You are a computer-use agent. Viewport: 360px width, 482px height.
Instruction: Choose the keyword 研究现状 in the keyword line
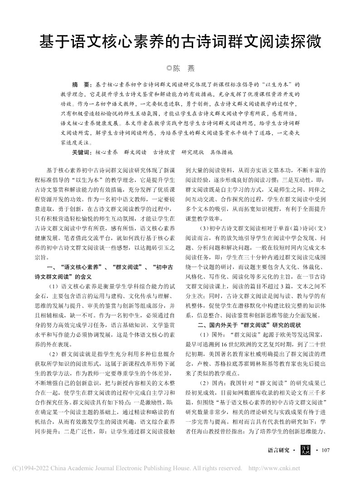click(193, 152)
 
